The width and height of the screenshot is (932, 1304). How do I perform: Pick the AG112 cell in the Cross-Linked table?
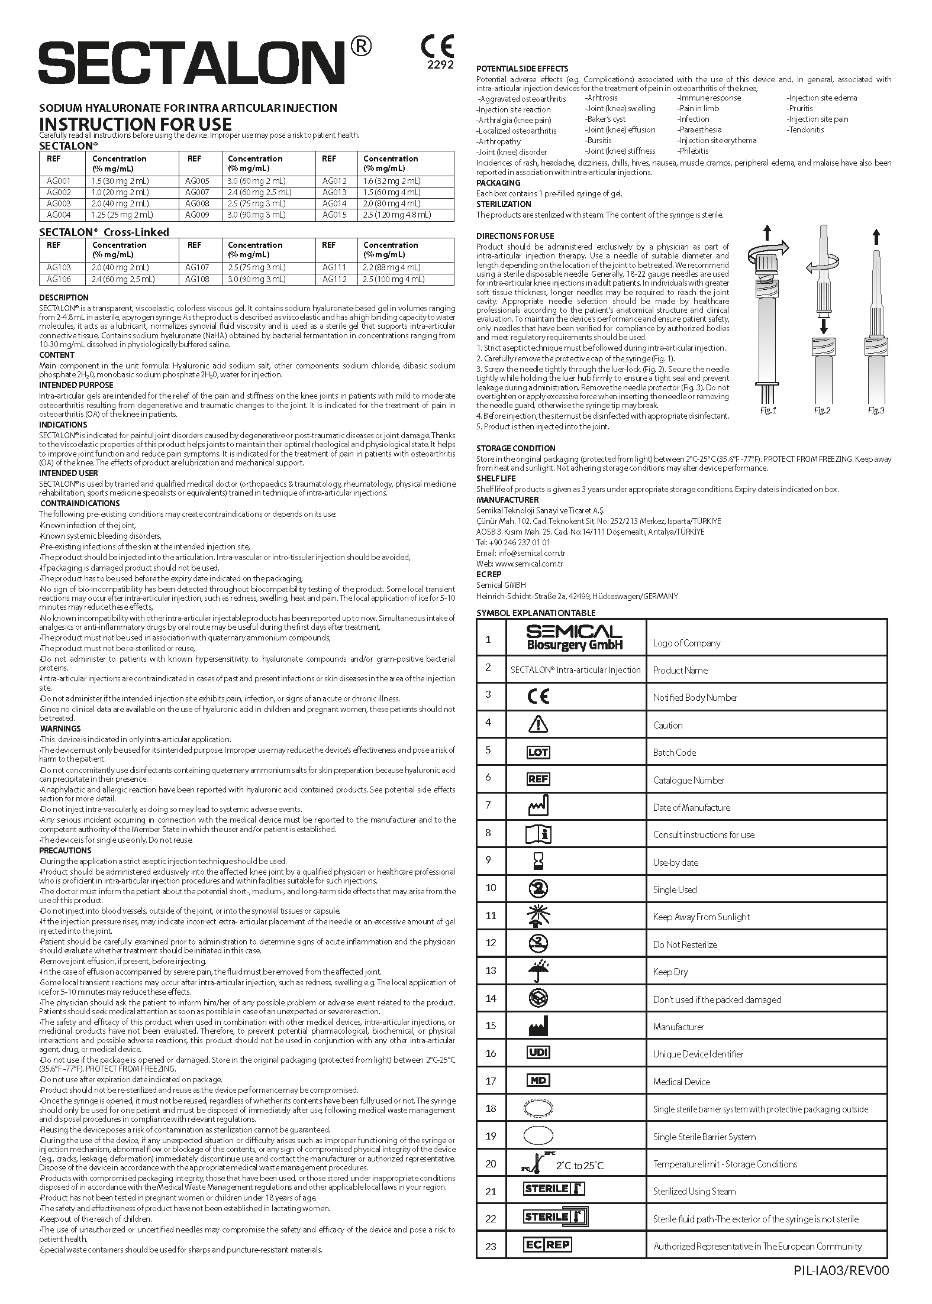pyautogui.click(x=335, y=279)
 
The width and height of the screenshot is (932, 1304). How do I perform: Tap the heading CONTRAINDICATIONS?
pyautogui.click(x=79, y=503)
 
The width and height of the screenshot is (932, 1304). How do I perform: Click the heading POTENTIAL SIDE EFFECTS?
pyautogui.click(x=522, y=69)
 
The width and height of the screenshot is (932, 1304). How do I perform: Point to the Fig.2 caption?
pyautogui.click(x=822, y=410)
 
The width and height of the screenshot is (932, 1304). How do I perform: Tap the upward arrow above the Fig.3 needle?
pyautogui.click(x=876, y=237)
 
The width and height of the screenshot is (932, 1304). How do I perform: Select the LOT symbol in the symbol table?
pyautogui.click(x=538, y=752)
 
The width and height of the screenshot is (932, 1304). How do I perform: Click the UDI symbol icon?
pyautogui.click(x=538, y=1053)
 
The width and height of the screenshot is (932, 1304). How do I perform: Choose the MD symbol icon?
pyautogui.click(x=538, y=1080)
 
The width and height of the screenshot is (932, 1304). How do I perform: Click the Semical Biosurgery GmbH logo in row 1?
pyautogui.click(x=575, y=638)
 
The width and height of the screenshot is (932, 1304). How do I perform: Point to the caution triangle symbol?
pyautogui.click(x=538, y=724)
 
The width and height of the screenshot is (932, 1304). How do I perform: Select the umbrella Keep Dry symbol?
pyautogui.click(x=538, y=971)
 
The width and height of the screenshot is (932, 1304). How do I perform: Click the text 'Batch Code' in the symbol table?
pyautogui.click(x=674, y=752)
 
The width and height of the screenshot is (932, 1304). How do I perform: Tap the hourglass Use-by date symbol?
pyautogui.click(x=538, y=862)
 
